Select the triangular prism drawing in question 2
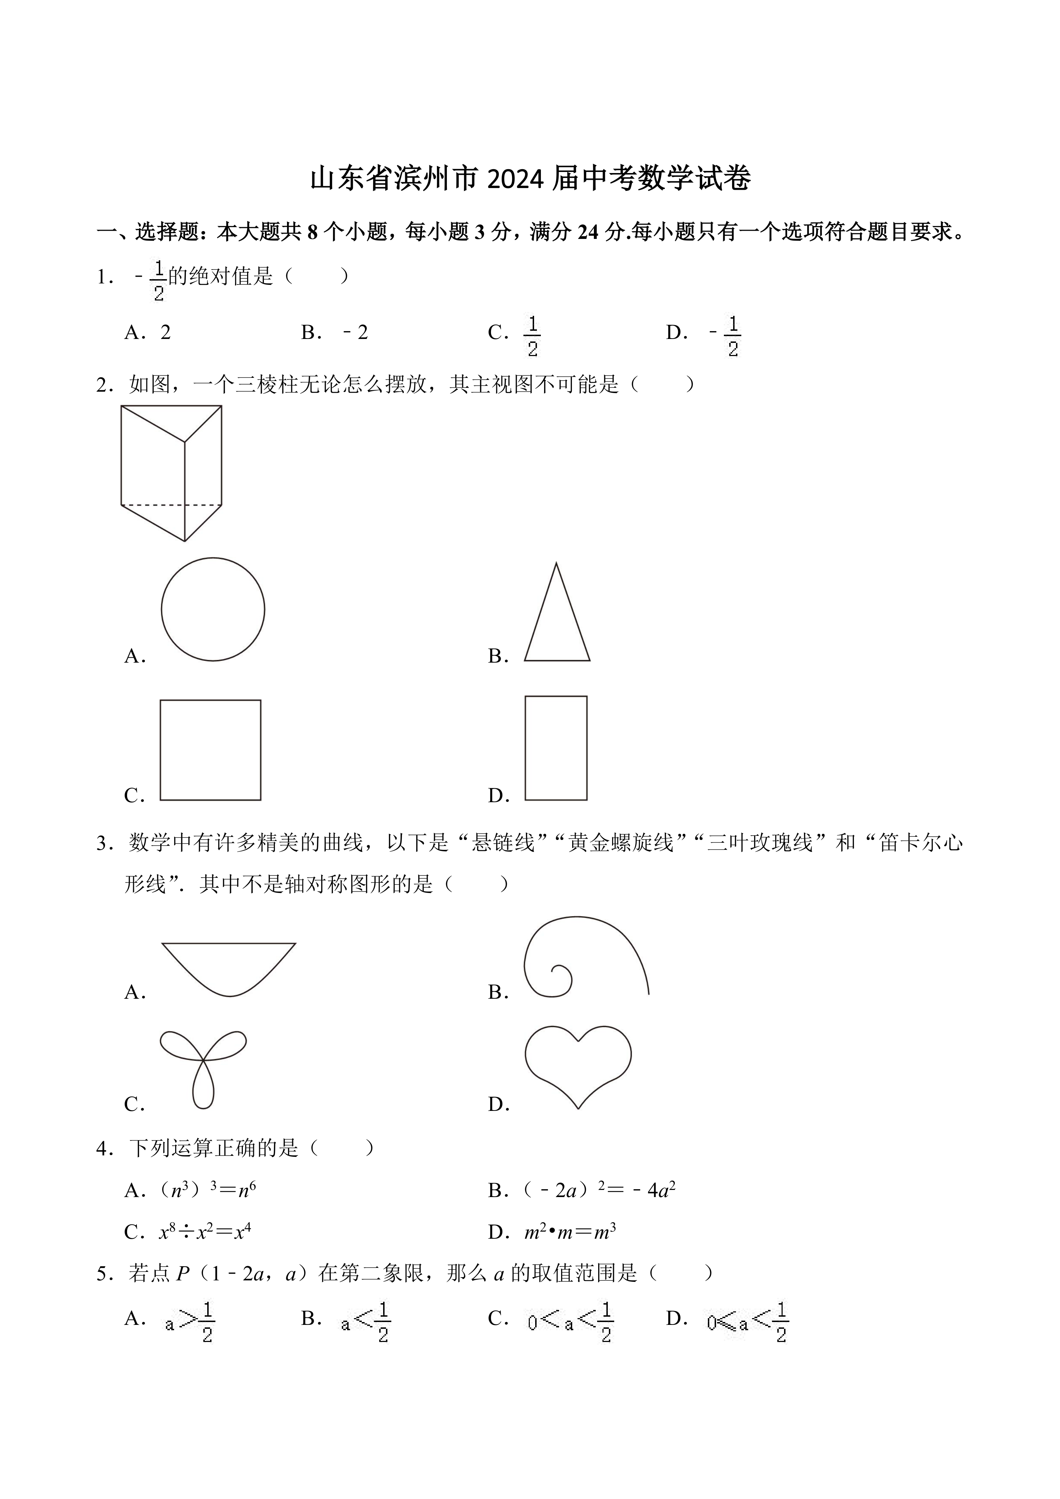(171, 473)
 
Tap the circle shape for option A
(213, 609)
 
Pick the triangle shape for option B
(557, 620)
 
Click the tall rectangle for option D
(556, 748)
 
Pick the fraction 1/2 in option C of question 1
(533, 335)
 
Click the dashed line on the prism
(171, 505)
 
